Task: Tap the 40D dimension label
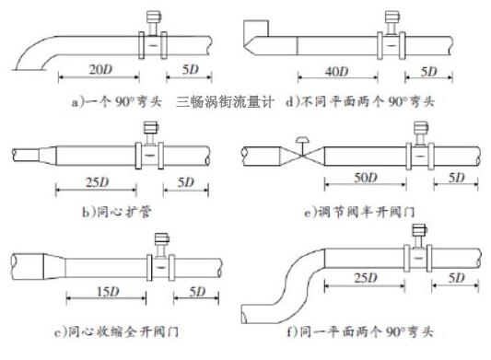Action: [x=336, y=71]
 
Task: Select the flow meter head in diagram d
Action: [x=392, y=17]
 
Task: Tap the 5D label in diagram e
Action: [x=455, y=177]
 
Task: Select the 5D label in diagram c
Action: [x=195, y=292]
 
